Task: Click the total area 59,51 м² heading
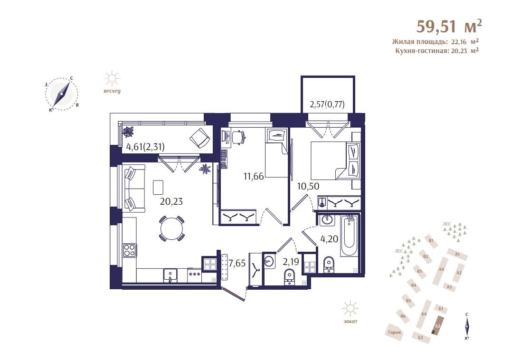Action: [x=449, y=26]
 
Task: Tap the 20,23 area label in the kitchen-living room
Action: [x=171, y=201]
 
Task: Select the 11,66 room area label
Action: [x=254, y=177]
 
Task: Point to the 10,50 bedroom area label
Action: [x=308, y=186]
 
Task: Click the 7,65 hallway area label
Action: [x=237, y=263]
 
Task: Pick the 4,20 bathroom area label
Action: [x=329, y=239]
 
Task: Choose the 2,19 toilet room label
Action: [x=291, y=262]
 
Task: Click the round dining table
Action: [x=171, y=228]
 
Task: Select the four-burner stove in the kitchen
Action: [x=129, y=251]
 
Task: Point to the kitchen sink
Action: [x=170, y=275]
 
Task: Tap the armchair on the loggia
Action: [x=199, y=138]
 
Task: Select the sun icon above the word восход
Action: [x=112, y=79]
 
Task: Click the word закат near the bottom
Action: [x=350, y=321]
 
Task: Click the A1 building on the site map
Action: [x=457, y=254]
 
